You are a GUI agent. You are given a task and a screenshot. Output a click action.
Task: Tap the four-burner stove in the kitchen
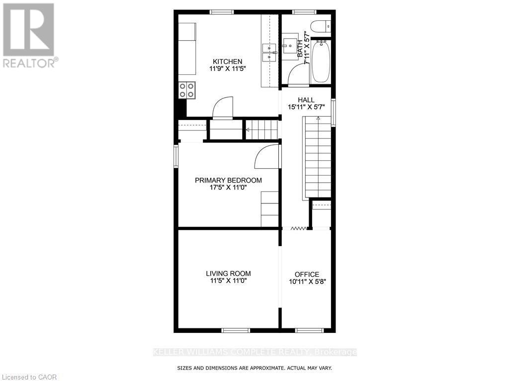click(187, 90)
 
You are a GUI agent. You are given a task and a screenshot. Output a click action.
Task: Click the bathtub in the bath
click(321, 62)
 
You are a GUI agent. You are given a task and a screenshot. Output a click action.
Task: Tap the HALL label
click(306, 100)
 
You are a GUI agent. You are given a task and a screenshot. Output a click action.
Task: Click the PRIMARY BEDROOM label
click(228, 180)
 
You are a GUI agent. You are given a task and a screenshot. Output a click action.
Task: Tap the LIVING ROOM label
click(228, 273)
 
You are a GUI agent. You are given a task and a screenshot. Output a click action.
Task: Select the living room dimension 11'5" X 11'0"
click(228, 281)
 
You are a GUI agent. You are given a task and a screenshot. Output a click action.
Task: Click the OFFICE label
click(307, 274)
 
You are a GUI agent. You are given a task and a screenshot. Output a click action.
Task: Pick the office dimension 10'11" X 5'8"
click(307, 281)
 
